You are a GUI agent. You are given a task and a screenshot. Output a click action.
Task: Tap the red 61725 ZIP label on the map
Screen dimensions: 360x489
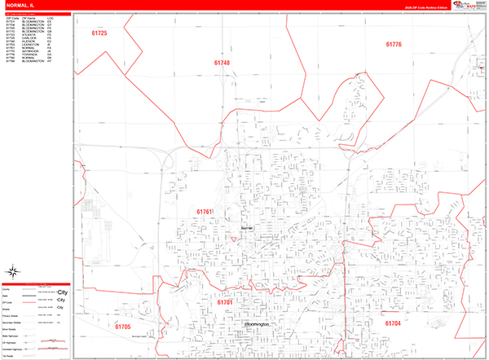tap(99, 33)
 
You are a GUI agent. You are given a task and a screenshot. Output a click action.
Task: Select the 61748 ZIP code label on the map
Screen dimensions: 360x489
tap(222, 62)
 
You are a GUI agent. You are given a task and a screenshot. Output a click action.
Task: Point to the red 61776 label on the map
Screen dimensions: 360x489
tap(394, 44)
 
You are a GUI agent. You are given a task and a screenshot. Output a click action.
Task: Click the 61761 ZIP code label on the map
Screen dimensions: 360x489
tap(204, 212)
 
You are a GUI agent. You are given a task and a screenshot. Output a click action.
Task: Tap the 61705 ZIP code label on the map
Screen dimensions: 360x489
tap(122, 327)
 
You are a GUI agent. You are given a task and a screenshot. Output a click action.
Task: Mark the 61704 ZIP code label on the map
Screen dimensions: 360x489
tap(393, 323)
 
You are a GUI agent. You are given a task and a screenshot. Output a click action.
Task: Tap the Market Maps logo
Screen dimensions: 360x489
tap(468, 5)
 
